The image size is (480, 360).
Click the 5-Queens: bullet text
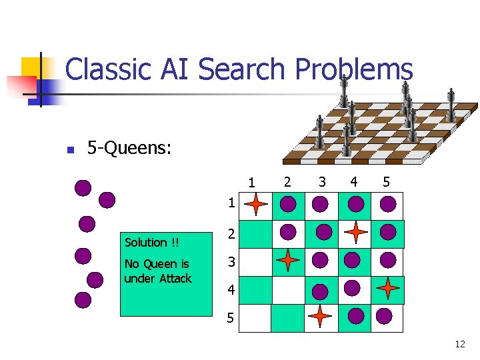[x=130, y=148]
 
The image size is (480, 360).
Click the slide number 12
[x=459, y=344]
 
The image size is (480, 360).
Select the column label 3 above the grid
[x=322, y=181]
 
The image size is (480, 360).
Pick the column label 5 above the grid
[x=385, y=181]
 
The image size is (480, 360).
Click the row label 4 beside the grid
[x=231, y=291]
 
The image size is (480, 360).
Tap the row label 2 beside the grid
[x=231, y=234]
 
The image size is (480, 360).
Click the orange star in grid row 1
[x=257, y=205]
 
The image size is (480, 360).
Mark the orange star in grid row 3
[x=288, y=260]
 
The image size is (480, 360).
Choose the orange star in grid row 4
[x=387, y=289]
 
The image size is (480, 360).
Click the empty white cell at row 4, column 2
[x=288, y=290]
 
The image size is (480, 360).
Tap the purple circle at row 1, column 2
[x=289, y=202]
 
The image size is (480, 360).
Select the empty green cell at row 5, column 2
[x=288, y=318]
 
